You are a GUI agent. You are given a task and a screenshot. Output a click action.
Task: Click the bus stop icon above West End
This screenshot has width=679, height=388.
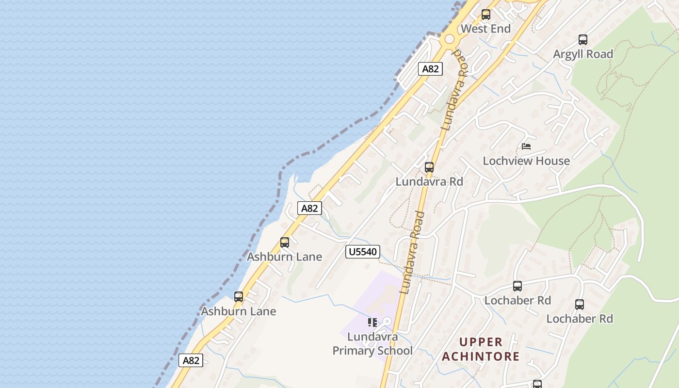point(485,15)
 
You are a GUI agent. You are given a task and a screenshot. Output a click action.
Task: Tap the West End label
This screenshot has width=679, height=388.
point(485,29)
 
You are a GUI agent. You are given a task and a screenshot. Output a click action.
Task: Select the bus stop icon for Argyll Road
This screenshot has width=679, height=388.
point(583,40)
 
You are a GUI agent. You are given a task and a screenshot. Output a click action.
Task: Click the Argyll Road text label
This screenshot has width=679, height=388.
point(583,54)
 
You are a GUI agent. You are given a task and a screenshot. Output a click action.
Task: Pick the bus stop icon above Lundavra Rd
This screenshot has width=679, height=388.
point(429,167)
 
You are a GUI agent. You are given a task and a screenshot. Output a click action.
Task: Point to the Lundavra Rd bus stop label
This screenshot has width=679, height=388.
point(429,181)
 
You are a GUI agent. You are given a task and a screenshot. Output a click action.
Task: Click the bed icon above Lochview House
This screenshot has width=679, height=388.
point(526,146)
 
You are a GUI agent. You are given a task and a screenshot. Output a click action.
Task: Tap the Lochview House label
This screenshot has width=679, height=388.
point(526,161)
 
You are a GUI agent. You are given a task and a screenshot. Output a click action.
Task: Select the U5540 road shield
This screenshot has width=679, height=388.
point(362,252)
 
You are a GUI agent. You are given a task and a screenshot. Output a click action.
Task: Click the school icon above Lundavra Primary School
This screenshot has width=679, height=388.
point(372,323)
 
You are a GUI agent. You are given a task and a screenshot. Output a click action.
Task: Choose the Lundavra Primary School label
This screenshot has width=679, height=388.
point(372,343)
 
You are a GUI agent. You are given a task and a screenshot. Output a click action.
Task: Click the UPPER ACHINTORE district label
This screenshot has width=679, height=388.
point(481,349)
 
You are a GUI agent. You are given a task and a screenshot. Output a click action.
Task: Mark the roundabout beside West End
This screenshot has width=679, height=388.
point(450,38)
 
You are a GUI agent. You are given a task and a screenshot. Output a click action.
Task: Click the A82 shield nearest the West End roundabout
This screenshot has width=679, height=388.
point(430,69)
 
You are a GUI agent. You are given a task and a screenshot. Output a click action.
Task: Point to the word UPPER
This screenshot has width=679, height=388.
point(481,342)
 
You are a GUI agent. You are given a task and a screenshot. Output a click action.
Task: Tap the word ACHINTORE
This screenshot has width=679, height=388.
point(481,356)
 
